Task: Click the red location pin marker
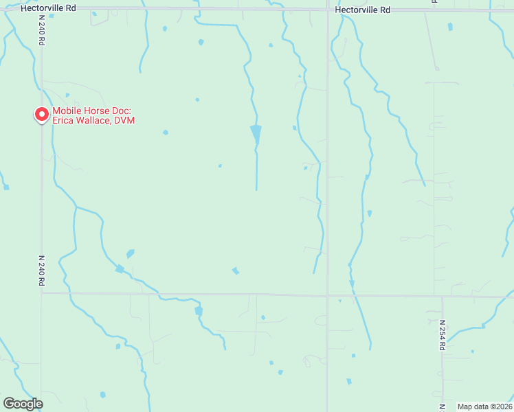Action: pos(42,114)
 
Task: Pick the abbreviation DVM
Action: pos(124,121)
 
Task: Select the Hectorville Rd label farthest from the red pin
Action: pos(362,10)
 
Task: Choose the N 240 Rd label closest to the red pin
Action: pos(42,32)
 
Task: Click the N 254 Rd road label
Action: pos(443,335)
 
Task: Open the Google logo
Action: pos(23,404)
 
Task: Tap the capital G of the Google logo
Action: pos(10,404)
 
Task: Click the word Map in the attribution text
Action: pos(465,407)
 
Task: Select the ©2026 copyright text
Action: pos(500,407)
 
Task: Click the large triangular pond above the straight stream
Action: pos(256,133)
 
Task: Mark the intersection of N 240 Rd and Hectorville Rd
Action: pos(41,9)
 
